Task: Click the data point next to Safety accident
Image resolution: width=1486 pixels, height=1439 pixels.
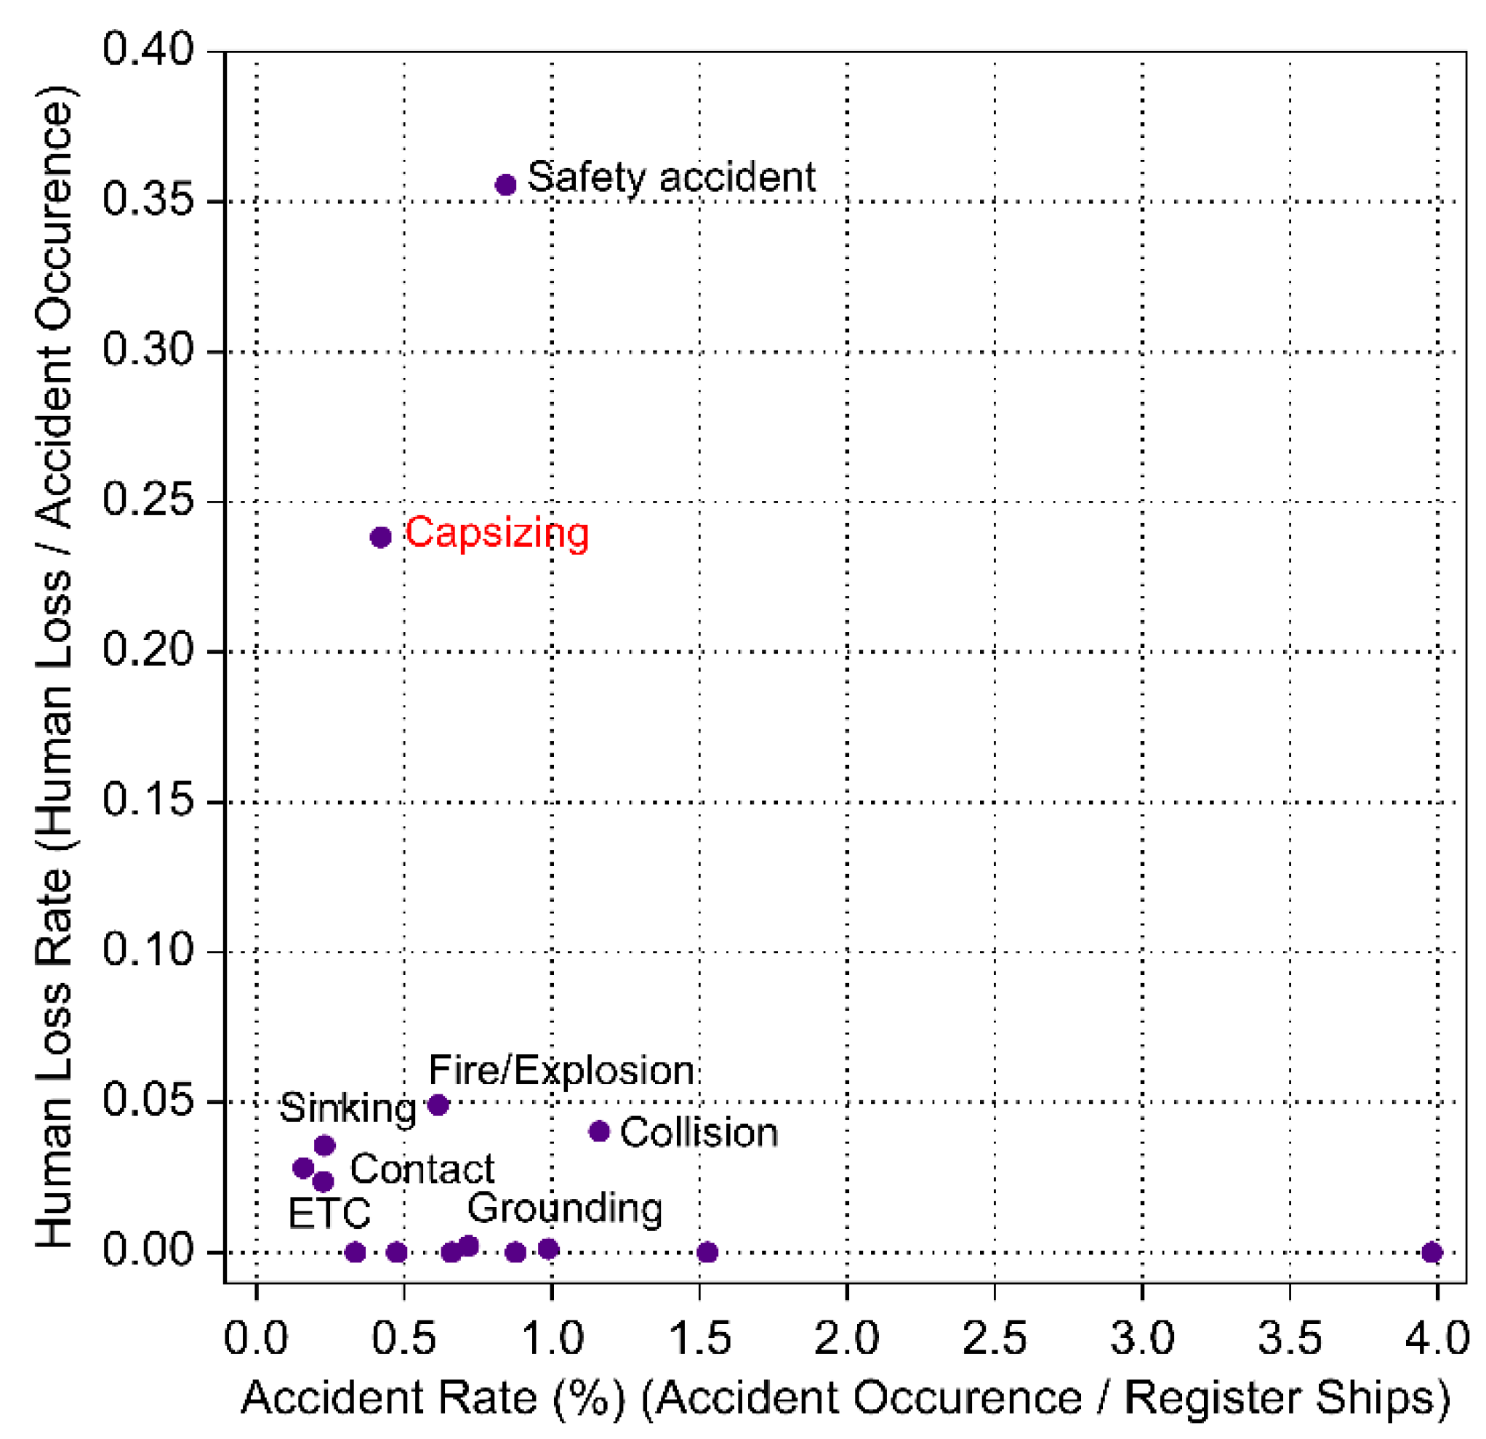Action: click(x=506, y=184)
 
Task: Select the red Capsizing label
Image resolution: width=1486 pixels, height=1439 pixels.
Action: click(x=497, y=533)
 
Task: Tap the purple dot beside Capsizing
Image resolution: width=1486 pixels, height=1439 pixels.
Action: click(x=381, y=537)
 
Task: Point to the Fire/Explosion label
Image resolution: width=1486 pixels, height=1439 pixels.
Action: click(x=561, y=1070)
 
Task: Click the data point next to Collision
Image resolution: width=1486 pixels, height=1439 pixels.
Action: click(x=599, y=1131)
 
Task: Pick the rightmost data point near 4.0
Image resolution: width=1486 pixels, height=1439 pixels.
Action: click(x=1431, y=1251)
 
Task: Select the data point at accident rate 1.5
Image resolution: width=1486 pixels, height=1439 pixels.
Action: click(x=707, y=1251)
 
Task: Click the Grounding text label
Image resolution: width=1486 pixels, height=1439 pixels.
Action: click(x=565, y=1208)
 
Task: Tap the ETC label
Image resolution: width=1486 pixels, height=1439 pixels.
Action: click(x=329, y=1213)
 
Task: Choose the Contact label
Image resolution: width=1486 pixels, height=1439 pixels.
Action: click(x=422, y=1169)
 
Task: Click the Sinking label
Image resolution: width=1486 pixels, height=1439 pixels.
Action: click(x=348, y=1108)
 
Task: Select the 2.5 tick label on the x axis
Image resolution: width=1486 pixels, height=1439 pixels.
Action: click(x=994, y=1337)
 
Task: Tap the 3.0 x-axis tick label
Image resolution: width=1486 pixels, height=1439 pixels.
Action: click(x=1142, y=1337)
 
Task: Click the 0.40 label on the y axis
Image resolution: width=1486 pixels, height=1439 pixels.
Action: click(x=148, y=50)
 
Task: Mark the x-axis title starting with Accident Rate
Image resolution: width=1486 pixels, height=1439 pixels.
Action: click(x=846, y=1398)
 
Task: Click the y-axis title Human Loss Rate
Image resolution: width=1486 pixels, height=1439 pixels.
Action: click(x=55, y=668)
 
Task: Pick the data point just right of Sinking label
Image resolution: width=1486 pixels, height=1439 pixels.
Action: click(x=438, y=1105)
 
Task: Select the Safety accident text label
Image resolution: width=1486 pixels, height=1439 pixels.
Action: click(x=671, y=177)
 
